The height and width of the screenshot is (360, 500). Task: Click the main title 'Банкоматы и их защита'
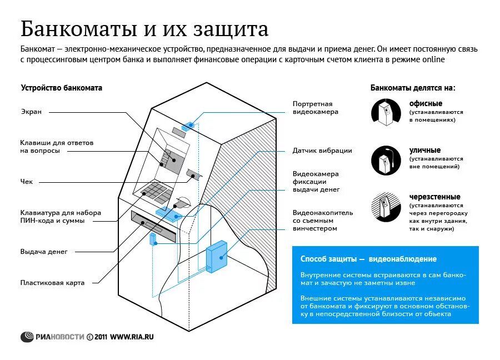tap(144, 28)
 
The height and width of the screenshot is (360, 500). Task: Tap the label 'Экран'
tap(31, 112)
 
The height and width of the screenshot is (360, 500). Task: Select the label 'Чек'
tap(27, 182)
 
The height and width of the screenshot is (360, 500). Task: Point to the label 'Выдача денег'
tap(44, 252)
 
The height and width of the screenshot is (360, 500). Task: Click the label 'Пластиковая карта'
tap(52, 283)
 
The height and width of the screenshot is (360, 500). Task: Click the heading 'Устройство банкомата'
tap(62, 88)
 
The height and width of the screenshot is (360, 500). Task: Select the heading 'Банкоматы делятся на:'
tap(413, 88)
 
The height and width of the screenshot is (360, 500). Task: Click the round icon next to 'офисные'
tap(386, 111)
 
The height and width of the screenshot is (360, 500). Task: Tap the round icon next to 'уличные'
tap(386, 160)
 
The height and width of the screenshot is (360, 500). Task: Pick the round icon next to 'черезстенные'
tap(386, 208)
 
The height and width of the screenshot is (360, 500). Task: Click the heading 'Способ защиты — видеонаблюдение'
tap(368, 259)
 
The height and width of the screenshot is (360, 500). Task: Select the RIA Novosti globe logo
tap(27, 337)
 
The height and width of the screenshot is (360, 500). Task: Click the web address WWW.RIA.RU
tap(132, 337)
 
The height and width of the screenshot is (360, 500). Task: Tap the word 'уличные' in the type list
tap(425, 150)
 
